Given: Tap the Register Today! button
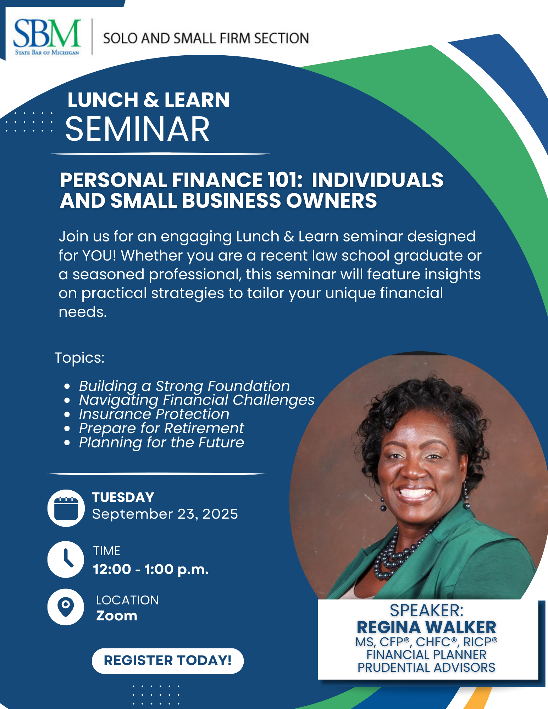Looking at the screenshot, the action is click(x=168, y=661).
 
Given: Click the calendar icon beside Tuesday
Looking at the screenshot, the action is click(x=66, y=508).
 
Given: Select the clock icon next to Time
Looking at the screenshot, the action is click(x=66, y=559).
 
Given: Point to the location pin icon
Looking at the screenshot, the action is click(x=66, y=607).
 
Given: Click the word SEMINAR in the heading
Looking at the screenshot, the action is click(x=138, y=129).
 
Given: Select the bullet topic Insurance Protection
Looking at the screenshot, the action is click(x=154, y=414).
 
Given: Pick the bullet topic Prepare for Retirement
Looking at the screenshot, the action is click(x=161, y=428).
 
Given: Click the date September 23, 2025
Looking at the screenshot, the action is click(x=165, y=514).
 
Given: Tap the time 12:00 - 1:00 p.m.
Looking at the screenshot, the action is click(x=151, y=569).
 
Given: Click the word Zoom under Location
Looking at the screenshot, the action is click(x=117, y=616).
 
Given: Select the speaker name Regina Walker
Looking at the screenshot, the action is click(x=426, y=627).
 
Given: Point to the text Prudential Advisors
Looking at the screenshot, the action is click(x=426, y=668).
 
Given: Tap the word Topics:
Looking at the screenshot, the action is click(x=79, y=358).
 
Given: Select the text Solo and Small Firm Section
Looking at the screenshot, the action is click(x=206, y=38).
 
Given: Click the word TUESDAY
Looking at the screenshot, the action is click(x=123, y=497).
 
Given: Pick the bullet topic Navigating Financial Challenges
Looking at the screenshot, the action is click(x=197, y=400).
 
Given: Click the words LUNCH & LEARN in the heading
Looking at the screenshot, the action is click(x=149, y=100).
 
